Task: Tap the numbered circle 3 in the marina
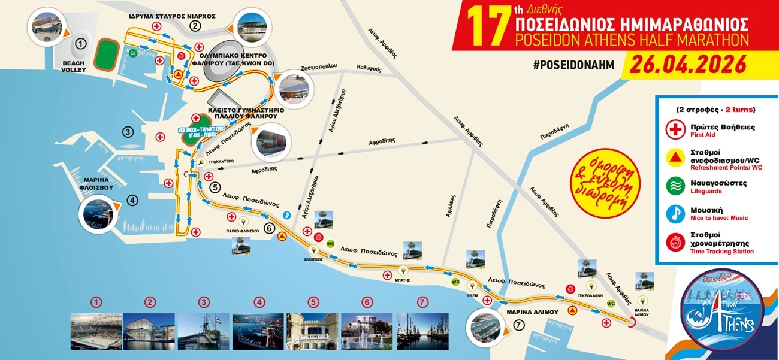tap(127, 132)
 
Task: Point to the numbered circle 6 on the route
tap(270, 228)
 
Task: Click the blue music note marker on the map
tap(287, 214)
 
